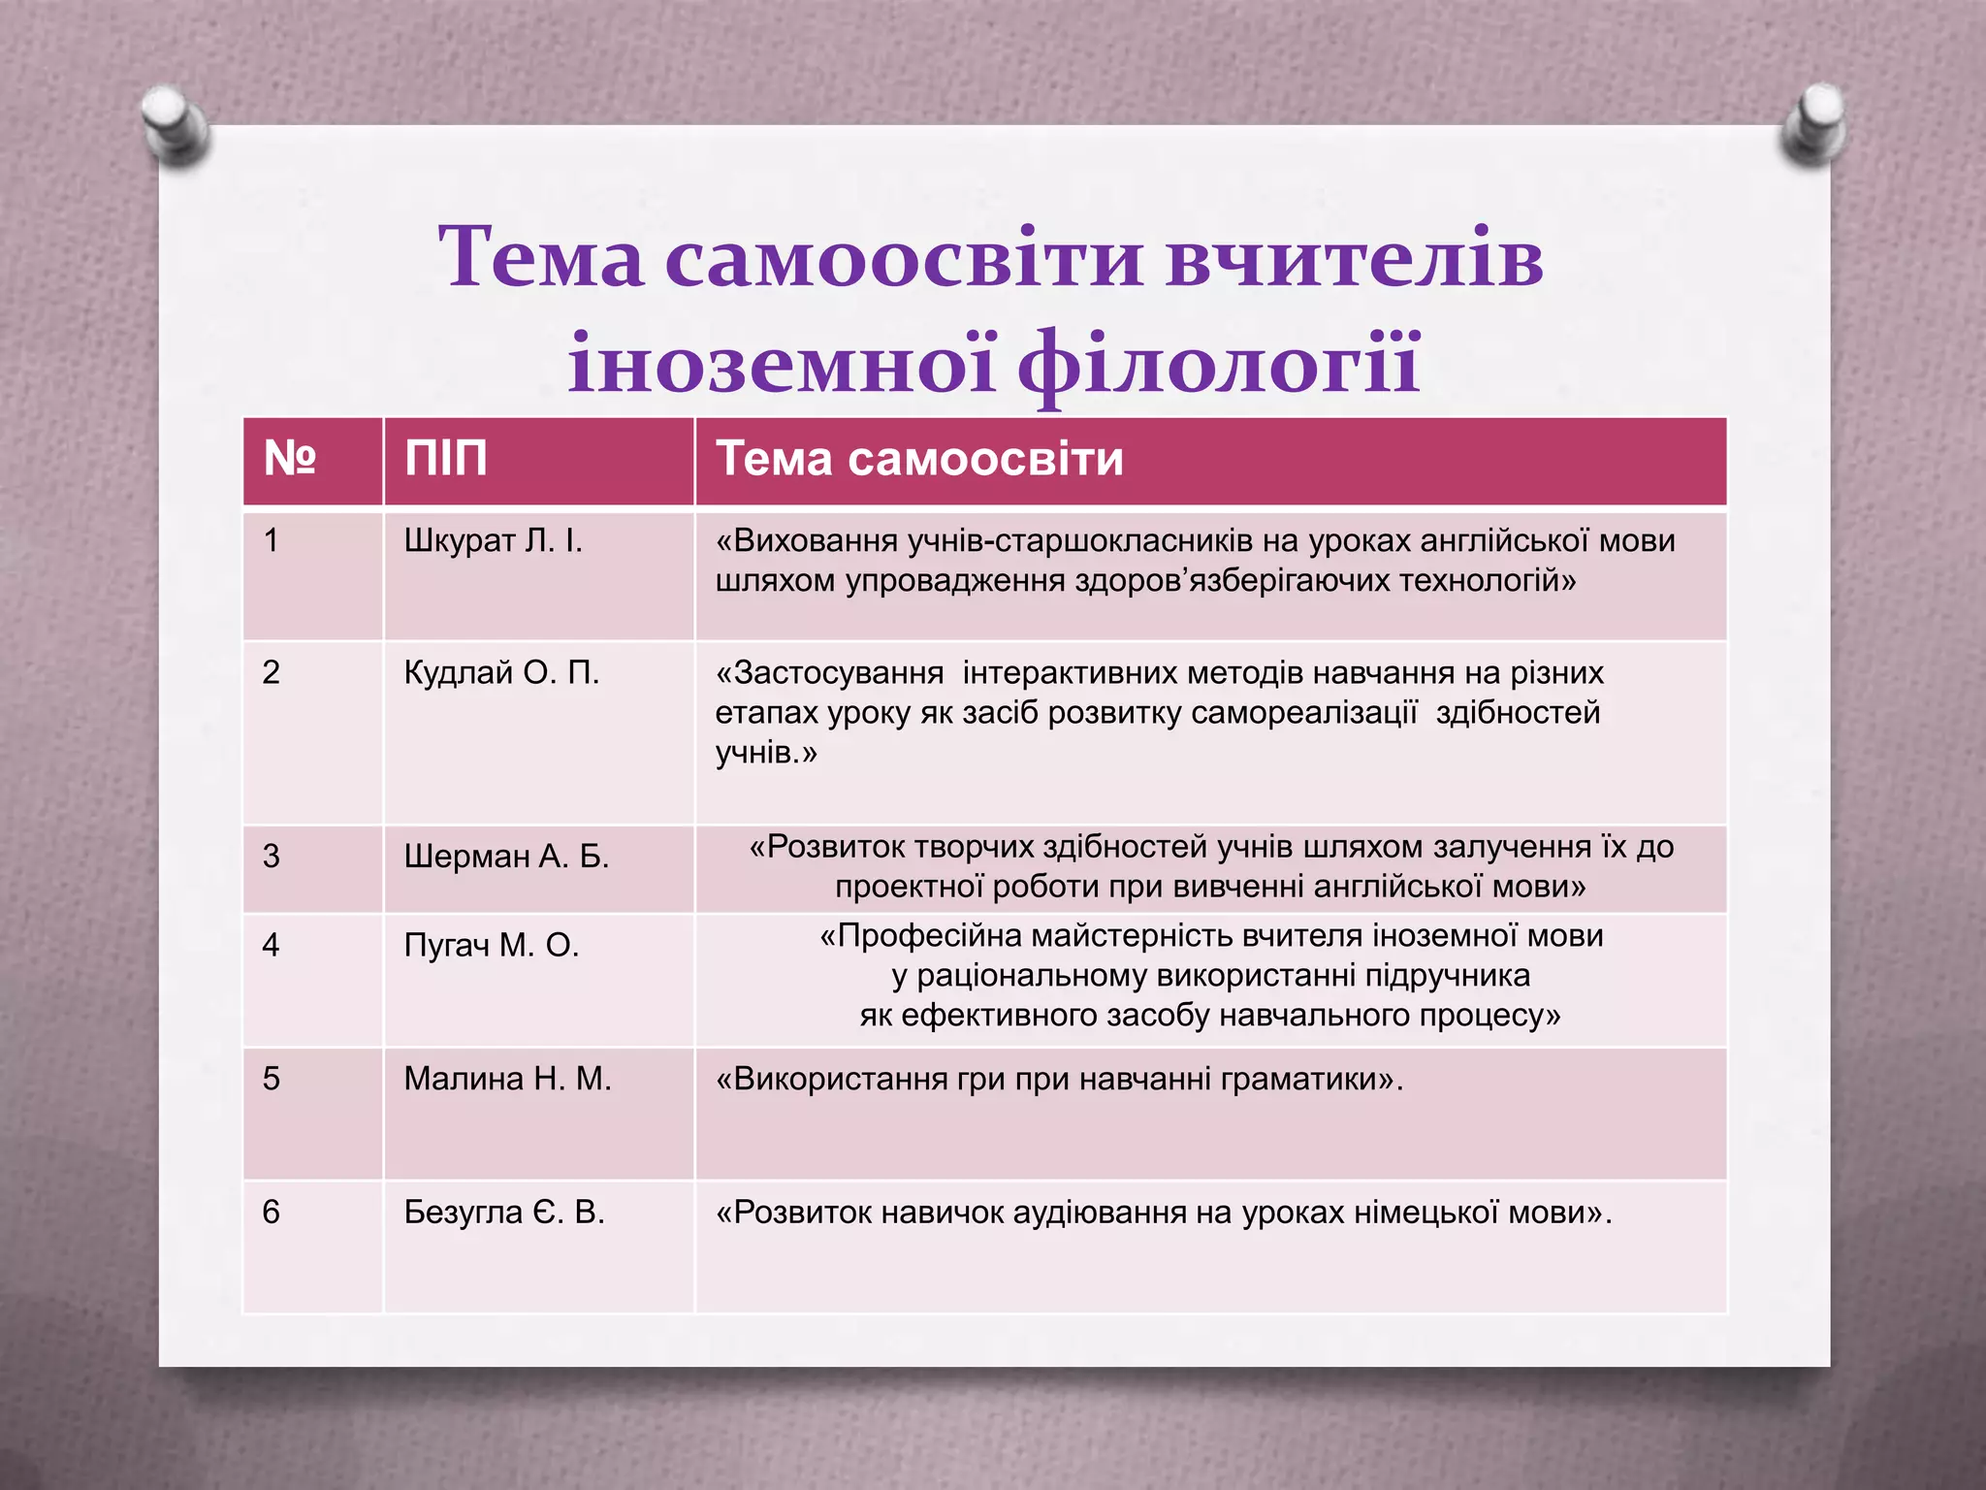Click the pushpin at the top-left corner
click(176, 125)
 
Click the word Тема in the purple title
click(540, 257)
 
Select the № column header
click(290, 459)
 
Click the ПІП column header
click(446, 459)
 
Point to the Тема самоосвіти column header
click(918, 459)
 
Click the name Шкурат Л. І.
click(493, 540)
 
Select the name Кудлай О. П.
click(501, 672)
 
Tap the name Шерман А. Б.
click(506, 857)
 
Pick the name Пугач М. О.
click(491, 945)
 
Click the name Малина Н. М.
click(507, 1079)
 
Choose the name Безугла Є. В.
click(504, 1213)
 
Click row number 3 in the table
click(272, 857)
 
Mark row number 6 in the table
click(272, 1213)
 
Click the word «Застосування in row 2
click(829, 672)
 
